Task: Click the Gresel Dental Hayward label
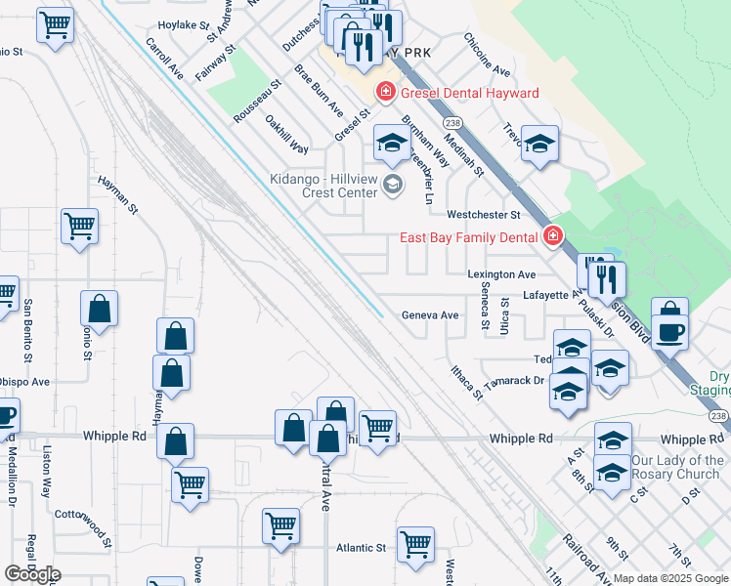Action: pos(468,93)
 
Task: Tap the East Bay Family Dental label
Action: pos(469,236)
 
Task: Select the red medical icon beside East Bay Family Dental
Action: pos(553,236)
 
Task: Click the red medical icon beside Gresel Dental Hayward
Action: pos(386,93)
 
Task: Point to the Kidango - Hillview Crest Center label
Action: pos(323,186)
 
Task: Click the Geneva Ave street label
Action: pos(430,315)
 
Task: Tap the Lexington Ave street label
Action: pos(501,275)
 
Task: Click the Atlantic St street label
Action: pos(362,549)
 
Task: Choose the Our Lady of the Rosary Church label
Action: pos(677,467)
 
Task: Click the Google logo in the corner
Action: pos(32,574)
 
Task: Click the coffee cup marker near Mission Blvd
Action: pos(669,329)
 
